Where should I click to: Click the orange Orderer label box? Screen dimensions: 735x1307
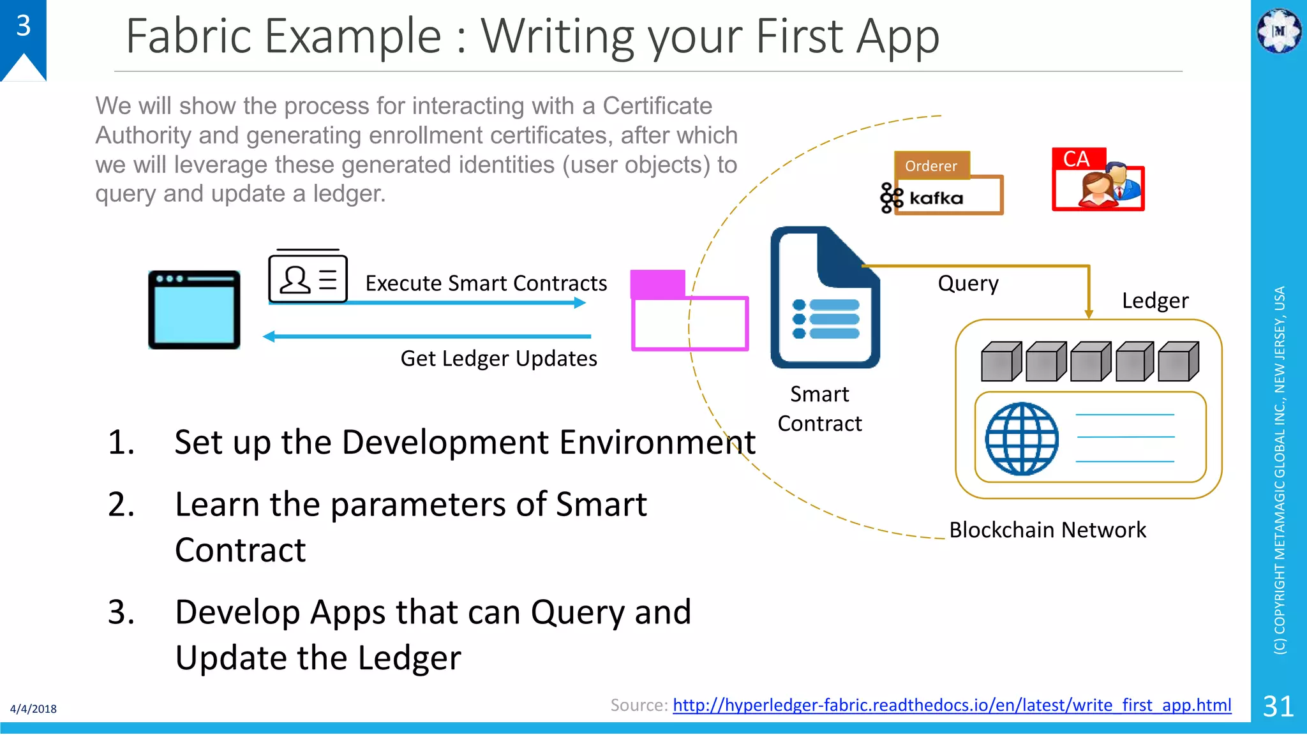coord(931,166)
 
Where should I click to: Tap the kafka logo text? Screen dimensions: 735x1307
coord(936,198)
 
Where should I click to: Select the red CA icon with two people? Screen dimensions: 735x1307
coord(1098,181)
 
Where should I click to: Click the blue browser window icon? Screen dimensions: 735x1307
coord(194,310)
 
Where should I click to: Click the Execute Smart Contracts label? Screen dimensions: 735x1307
coord(486,283)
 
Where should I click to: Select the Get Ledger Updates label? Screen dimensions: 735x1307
coord(498,359)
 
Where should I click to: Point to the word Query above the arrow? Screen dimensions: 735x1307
coord(967,283)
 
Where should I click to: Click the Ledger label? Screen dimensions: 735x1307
coord(1154,301)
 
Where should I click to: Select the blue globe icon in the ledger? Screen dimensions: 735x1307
coord(1021,438)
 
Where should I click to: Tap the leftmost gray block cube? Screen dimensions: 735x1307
coord(1000,362)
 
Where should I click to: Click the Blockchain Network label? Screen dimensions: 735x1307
coord(1047,530)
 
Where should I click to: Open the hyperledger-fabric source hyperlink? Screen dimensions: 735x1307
coord(952,705)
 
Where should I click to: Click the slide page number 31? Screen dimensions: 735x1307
coord(1278,706)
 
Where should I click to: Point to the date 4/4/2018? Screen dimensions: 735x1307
coord(33,709)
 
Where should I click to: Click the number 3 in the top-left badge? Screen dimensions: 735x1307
coord(24,26)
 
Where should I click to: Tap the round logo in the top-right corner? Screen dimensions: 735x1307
coord(1278,31)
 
